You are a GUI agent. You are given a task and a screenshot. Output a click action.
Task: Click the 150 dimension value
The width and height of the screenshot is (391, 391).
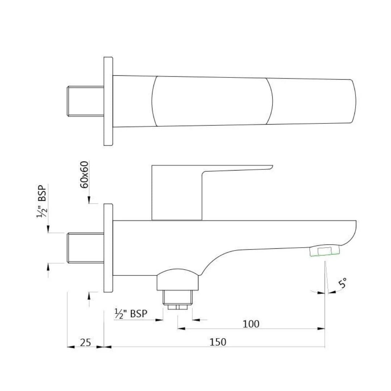tap(218, 342)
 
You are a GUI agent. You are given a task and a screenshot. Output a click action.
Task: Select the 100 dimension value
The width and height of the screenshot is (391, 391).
tap(251, 324)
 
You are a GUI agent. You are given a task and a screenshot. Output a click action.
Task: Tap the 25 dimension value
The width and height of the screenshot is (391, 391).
tap(85, 342)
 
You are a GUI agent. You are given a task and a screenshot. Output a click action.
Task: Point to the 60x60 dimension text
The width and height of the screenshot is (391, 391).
tap(84, 175)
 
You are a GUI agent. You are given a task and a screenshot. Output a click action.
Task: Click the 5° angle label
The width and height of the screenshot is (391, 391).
tap(343, 283)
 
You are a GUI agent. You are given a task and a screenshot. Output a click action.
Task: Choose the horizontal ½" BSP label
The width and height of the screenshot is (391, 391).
tap(131, 314)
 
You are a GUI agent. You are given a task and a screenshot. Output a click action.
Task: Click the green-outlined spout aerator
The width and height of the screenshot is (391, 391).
tap(325, 251)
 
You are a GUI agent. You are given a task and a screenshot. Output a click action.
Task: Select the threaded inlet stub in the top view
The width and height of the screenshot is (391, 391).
tap(85, 101)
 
